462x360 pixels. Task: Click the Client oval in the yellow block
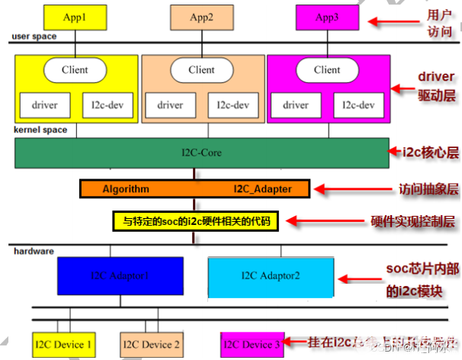point(75,70)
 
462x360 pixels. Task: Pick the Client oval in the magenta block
point(327,70)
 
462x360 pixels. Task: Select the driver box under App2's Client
point(169,104)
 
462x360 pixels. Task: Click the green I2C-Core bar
point(201,153)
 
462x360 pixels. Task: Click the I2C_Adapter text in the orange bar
point(261,188)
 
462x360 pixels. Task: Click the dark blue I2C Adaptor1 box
point(120,275)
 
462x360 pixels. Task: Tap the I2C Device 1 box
point(63,345)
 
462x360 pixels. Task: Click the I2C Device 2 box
point(150,345)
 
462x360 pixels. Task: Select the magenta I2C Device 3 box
point(251,345)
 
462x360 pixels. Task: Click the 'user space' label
point(34,37)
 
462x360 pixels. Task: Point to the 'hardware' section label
point(32,249)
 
